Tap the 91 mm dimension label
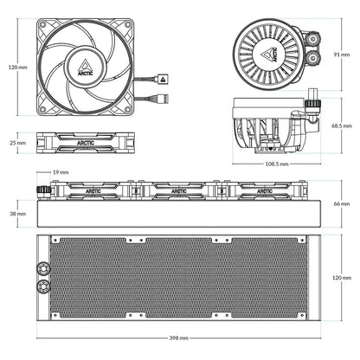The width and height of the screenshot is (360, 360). [x=342, y=54]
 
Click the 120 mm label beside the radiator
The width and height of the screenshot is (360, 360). [x=342, y=278]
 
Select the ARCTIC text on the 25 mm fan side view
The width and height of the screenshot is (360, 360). [x=87, y=142]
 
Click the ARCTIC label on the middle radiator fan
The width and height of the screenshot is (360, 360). [x=178, y=190]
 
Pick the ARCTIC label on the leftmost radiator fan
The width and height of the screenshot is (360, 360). [x=88, y=190]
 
